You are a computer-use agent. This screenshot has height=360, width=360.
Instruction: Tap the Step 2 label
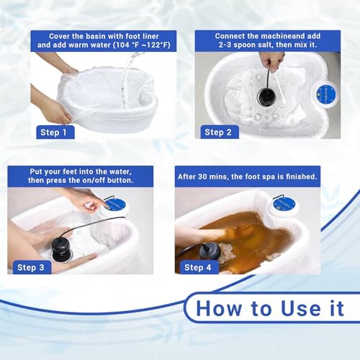coord(217,132)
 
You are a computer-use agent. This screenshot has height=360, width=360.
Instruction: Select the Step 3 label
coord(32,267)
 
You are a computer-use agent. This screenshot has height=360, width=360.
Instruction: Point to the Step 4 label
coord(198,267)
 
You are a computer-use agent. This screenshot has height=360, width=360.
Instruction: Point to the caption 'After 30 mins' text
coord(248,176)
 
